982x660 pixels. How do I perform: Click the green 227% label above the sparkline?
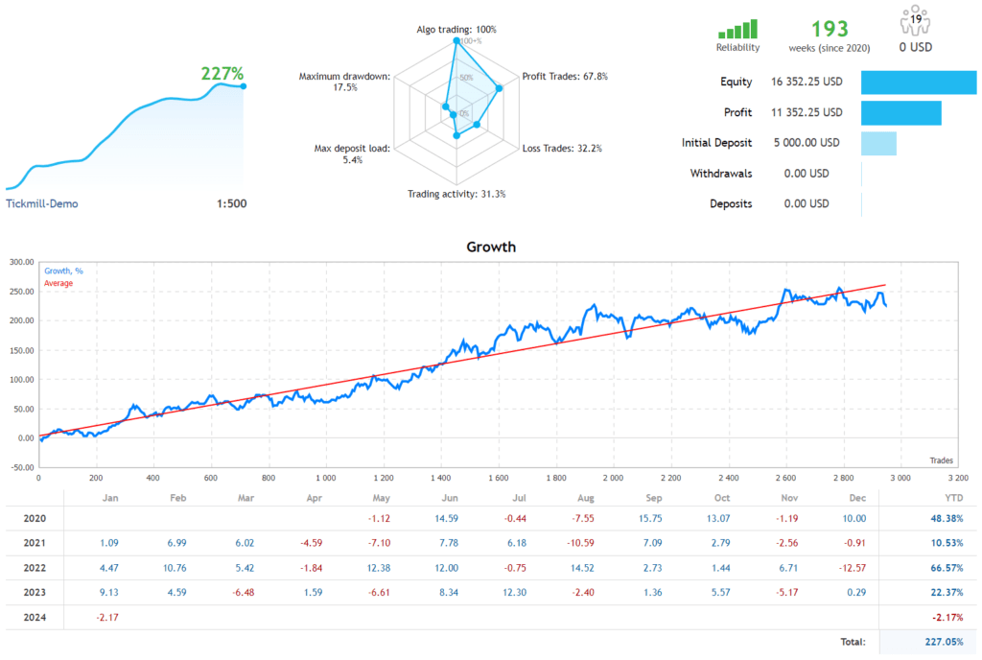click(x=222, y=73)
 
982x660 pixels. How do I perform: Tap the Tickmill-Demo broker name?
click(x=42, y=203)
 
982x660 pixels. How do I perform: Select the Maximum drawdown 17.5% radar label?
click(x=343, y=82)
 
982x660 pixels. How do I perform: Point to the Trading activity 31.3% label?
click(x=456, y=194)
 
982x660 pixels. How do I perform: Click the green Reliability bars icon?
click(x=737, y=30)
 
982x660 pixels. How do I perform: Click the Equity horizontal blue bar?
click(x=918, y=82)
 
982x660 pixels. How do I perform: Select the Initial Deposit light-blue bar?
click(x=878, y=143)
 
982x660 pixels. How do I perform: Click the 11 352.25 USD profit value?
click(x=807, y=112)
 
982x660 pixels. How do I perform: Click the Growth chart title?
click(x=491, y=247)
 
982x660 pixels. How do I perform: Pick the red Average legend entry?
click(x=58, y=283)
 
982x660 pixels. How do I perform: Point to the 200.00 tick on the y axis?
click(x=21, y=320)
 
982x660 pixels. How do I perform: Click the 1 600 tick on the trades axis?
click(x=498, y=477)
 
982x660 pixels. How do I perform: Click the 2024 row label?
click(x=35, y=617)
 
